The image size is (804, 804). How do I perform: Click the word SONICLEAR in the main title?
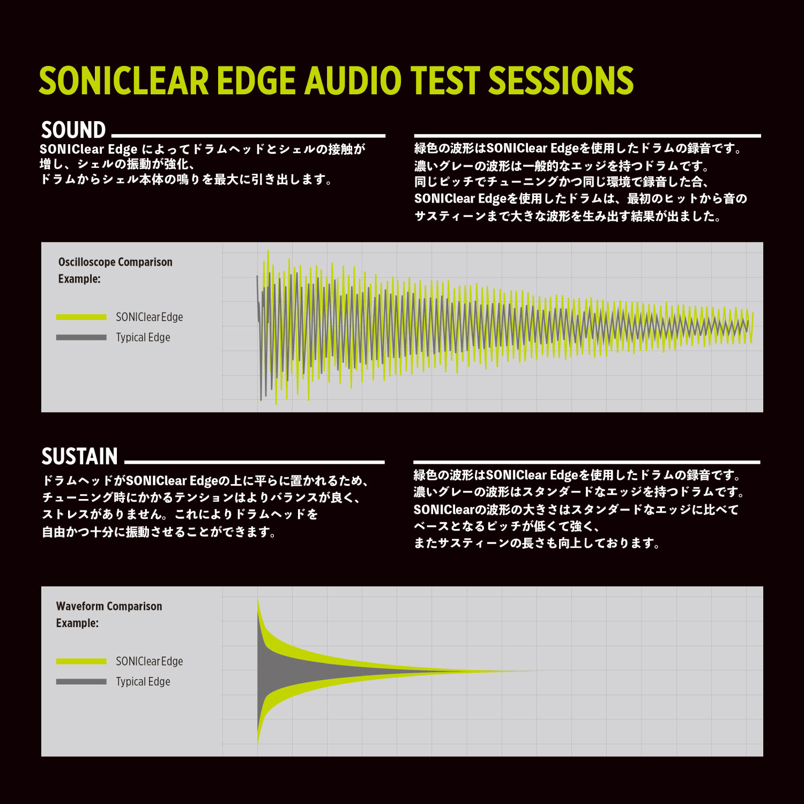point(123,81)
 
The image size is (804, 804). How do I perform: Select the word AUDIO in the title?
point(353,81)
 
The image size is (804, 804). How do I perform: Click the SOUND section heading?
point(73,130)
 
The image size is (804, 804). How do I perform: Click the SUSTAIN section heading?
point(79,457)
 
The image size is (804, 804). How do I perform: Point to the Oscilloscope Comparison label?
point(115,262)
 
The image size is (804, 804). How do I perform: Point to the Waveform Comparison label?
point(109,606)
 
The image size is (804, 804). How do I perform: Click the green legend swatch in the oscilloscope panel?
point(81,317)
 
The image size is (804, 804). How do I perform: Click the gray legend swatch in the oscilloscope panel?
point(81,338)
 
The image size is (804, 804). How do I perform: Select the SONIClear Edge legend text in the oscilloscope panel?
point(150,317)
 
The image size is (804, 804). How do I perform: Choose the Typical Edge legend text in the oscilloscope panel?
point(143,338)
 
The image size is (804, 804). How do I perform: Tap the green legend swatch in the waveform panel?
point(81,661)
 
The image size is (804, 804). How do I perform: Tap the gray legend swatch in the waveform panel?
point(81,682)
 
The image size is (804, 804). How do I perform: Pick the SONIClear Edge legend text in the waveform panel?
point(150,661)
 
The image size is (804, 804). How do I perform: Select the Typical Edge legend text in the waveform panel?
point(143,682)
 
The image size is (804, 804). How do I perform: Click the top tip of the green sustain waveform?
point(258,597)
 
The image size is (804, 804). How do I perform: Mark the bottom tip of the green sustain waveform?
point(258,746)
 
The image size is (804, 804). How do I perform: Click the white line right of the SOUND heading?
point(248,136)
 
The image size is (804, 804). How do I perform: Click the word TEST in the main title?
point(445,81)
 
